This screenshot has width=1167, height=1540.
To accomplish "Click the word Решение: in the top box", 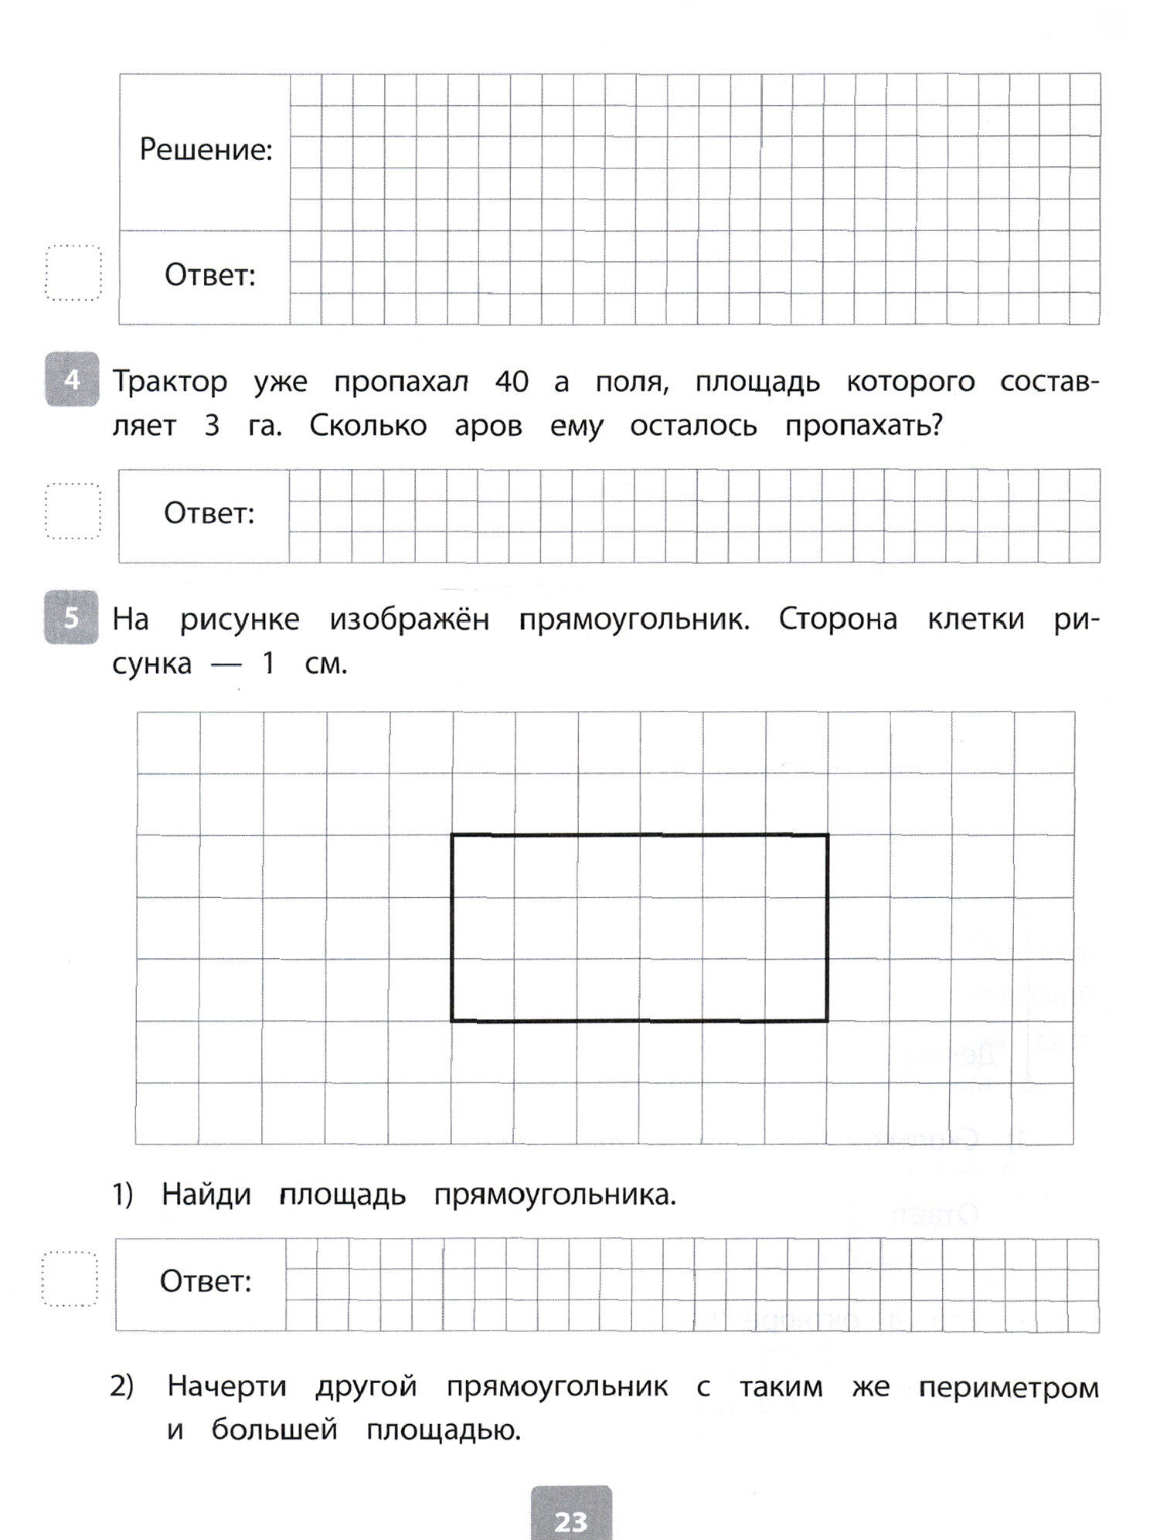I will [206, 150].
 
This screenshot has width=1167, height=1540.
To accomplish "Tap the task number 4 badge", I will [72, 379].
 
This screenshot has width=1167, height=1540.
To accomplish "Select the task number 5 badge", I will [72, 617].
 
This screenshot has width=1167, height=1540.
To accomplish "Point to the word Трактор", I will [170, 382].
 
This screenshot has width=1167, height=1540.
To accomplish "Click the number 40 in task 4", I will [511, 382].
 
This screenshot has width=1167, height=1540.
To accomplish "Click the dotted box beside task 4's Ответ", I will [73, 512].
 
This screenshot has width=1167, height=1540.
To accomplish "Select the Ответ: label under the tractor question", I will [209, 513].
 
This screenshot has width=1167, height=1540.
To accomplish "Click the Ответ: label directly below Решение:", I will [209, 275].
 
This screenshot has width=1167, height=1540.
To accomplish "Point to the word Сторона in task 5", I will [838, 620].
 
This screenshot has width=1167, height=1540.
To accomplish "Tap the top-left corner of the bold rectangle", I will [452, 835].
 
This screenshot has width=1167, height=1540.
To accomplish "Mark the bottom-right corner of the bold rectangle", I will [828, 1021].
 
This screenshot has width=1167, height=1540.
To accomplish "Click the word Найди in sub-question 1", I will [206, 1195].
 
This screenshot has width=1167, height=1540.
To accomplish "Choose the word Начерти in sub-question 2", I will [226, 1386].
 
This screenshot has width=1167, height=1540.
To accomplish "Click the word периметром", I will [1009, 1388].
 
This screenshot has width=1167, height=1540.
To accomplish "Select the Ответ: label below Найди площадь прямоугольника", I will [206, 1282].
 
